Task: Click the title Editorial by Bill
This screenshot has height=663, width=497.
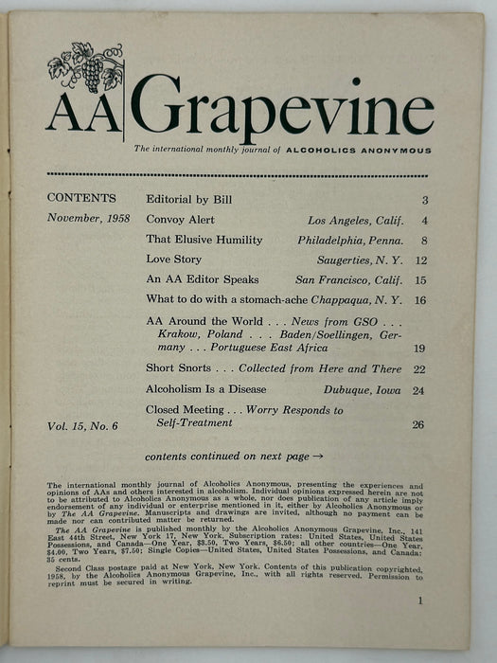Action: pos(188,200)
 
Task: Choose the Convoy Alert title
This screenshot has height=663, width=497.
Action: pos(182,220)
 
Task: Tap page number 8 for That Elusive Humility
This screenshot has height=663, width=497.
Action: pos(426,240)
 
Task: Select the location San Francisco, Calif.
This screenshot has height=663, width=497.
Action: pos(348,279)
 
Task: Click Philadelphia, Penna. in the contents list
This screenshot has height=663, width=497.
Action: pos(350,240)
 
